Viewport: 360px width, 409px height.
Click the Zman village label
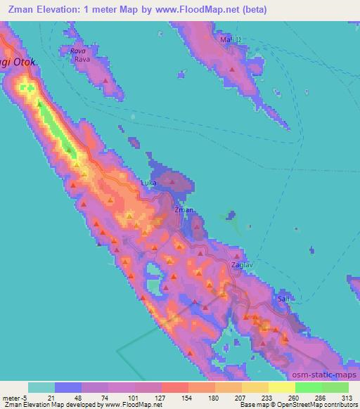click(184, 209)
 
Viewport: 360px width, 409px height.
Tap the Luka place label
click(148, 183)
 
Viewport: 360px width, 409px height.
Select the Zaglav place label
click(241, 265)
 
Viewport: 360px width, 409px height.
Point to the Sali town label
click(283, 299)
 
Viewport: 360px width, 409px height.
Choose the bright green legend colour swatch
click(308, 387)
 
